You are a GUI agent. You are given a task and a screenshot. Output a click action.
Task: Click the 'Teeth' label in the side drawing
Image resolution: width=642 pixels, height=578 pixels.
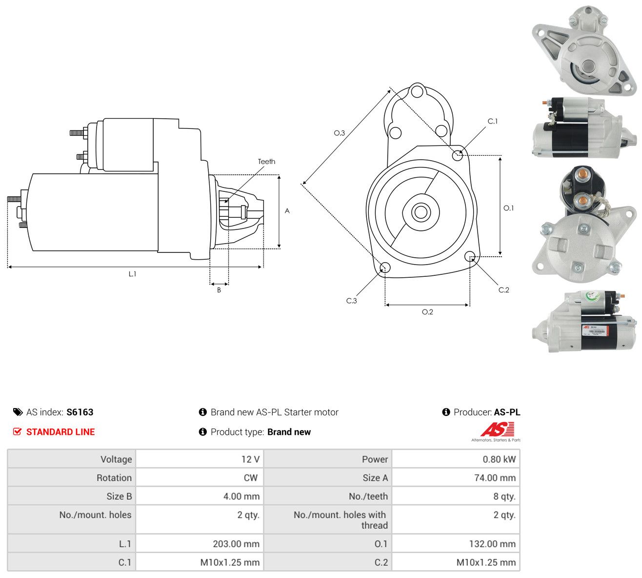266,162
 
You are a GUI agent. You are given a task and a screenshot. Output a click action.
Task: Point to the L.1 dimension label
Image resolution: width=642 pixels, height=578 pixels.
132,274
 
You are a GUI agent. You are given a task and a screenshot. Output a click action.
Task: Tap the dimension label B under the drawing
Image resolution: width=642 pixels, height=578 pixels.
219,290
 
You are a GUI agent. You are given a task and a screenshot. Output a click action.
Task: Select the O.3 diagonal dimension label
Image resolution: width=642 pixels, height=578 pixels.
339,133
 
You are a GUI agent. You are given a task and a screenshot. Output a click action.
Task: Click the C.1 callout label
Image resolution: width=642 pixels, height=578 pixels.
493,121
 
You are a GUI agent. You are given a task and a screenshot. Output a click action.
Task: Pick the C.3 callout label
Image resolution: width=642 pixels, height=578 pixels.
351,301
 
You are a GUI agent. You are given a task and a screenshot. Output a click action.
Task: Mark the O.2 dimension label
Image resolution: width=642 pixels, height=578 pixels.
427,312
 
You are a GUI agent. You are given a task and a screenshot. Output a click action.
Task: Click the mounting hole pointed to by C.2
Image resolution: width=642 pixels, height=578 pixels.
469,256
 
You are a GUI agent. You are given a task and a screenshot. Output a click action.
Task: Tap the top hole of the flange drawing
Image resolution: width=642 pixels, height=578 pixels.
417,91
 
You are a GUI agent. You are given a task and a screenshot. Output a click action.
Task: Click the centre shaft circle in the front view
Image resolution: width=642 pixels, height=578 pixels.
421,212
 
